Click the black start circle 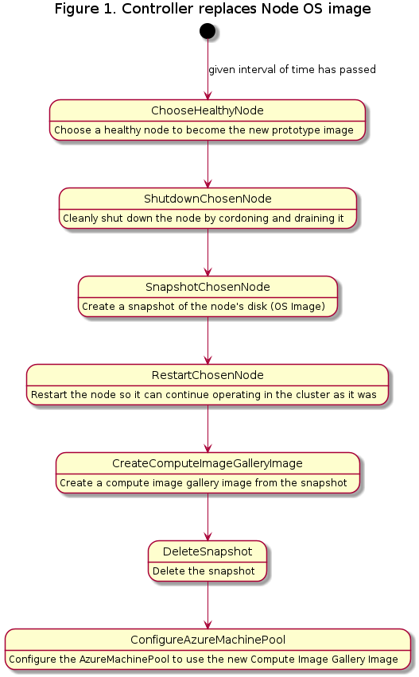coord(208,31)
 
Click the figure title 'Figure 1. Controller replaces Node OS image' coord(212,9)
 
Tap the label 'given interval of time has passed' coord(292,69)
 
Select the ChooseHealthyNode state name coord(208,110)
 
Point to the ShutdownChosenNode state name coord(208,199)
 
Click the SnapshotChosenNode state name coord(208,287)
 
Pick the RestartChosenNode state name coord(208,375)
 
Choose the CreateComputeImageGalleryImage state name coord(208,463)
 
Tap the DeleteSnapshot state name coord(208,551)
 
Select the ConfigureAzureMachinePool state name coord(208,640)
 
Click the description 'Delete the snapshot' coord(204,571)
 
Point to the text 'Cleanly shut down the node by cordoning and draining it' coord(204,218)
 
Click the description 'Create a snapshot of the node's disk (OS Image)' coord(204,306)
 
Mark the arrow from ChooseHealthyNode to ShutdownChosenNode coord(208,164)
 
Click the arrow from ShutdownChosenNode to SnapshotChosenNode coord(208,252)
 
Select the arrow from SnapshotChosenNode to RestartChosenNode coord(208,340)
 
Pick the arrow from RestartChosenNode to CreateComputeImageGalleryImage coord(208,429)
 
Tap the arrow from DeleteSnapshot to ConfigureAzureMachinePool coord(208,605)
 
